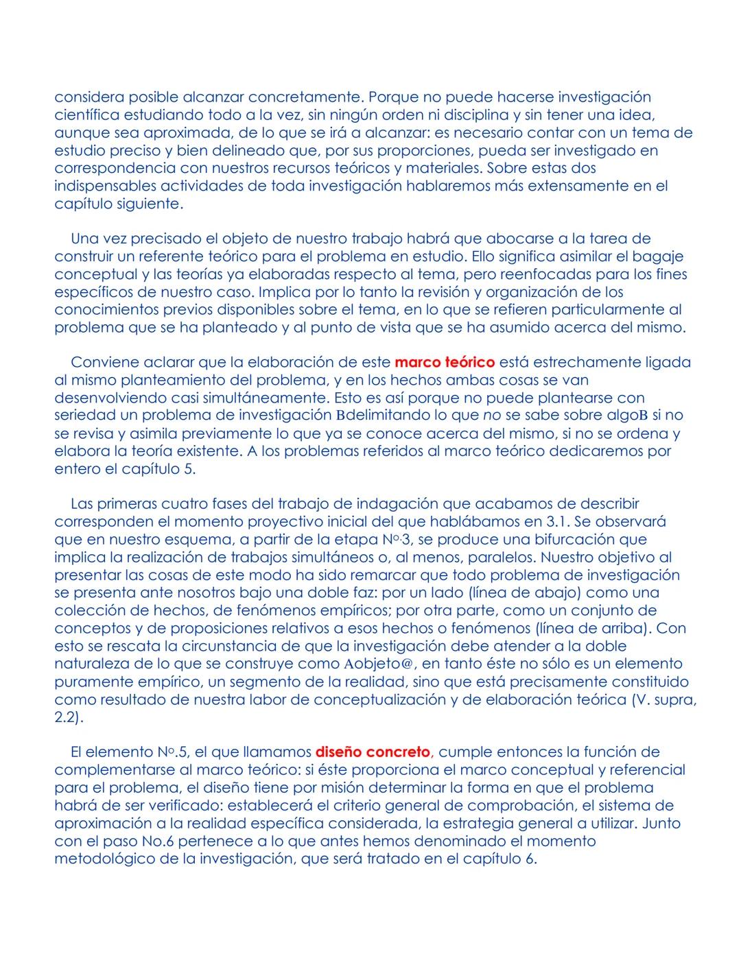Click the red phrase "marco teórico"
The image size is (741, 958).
(445, 361)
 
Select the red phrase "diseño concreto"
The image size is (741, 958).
(373, 752)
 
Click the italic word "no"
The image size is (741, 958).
(491, 415)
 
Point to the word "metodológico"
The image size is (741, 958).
(104, 859)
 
